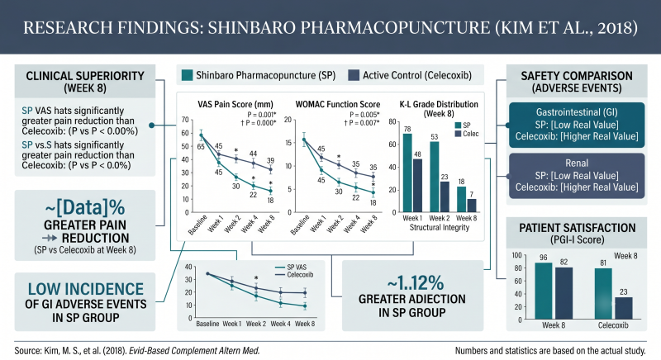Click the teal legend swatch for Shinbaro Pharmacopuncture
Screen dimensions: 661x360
[188, 75]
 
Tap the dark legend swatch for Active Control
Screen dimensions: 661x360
[354, 75]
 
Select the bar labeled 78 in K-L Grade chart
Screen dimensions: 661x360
[407, 173]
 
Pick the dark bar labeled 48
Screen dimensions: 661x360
[417, 185]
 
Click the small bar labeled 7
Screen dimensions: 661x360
[472, 206]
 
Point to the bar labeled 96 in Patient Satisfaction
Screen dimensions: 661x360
[544, 291]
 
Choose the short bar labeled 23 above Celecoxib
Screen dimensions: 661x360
[624, 308]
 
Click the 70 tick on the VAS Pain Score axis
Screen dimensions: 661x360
[185, 120]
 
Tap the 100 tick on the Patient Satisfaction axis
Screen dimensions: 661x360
[517, 255]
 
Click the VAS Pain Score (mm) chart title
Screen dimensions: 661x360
[235, 104]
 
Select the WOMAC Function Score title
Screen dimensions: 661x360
[338, 104]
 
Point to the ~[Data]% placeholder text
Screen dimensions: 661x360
[85, 207]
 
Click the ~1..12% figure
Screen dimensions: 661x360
[416, 283]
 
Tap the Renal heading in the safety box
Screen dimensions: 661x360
[577, 163]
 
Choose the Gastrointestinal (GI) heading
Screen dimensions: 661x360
[577, 112]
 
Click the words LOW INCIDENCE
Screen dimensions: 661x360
[86, 289]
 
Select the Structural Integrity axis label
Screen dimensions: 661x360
[440, 227]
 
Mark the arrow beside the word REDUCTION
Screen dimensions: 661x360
[50, 239]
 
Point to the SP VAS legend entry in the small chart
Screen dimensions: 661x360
[291, 268]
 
